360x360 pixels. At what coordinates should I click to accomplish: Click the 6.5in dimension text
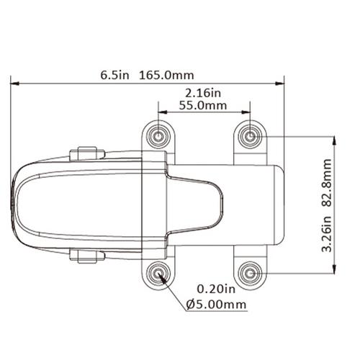(x=114, y=74)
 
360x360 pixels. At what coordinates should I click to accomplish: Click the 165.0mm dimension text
(x=166, y=74)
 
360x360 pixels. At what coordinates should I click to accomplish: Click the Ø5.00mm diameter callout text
(x=216, y=305)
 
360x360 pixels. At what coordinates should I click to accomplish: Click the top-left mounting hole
(x=158, y=136)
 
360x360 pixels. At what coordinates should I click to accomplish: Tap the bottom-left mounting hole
(x=158, y=273)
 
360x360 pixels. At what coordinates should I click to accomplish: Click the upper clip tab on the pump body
(x=86, y=154)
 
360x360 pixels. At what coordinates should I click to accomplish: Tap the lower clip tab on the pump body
(x=86, y=256)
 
